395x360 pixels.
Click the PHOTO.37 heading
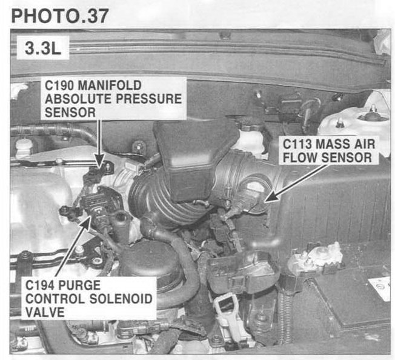[x=60, y=16]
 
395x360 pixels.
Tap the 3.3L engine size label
[x=43, y=48]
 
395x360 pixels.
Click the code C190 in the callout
[x=59, y=85]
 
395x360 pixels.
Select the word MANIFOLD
[x=110, y=85]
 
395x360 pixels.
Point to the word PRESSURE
[x=148, y=99]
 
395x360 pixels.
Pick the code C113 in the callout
[x=297, y=144]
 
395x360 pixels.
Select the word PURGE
[x=79, y=285]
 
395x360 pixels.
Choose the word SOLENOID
[x=121, y=299]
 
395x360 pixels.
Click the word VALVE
[x=45, y=312]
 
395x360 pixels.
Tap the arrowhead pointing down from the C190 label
[x=100, y=161]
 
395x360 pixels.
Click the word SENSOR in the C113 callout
[x=347, y=158]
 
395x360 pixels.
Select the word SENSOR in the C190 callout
[x=70, y=112]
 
